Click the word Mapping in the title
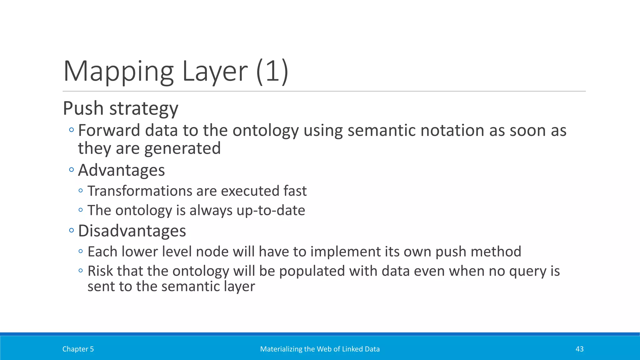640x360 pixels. pos(118,72)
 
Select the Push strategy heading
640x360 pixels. pos(121,108)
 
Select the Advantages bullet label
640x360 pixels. pos(121,170)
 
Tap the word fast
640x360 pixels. pos(295,191)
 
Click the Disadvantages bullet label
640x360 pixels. pos(132,231)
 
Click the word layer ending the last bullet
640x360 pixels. pos(239,286)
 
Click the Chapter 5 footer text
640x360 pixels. pos(78,349)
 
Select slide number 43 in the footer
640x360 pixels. pos(579,349)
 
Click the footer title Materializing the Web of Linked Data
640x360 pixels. pos(320,349)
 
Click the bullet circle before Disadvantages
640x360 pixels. pos(72,231)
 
